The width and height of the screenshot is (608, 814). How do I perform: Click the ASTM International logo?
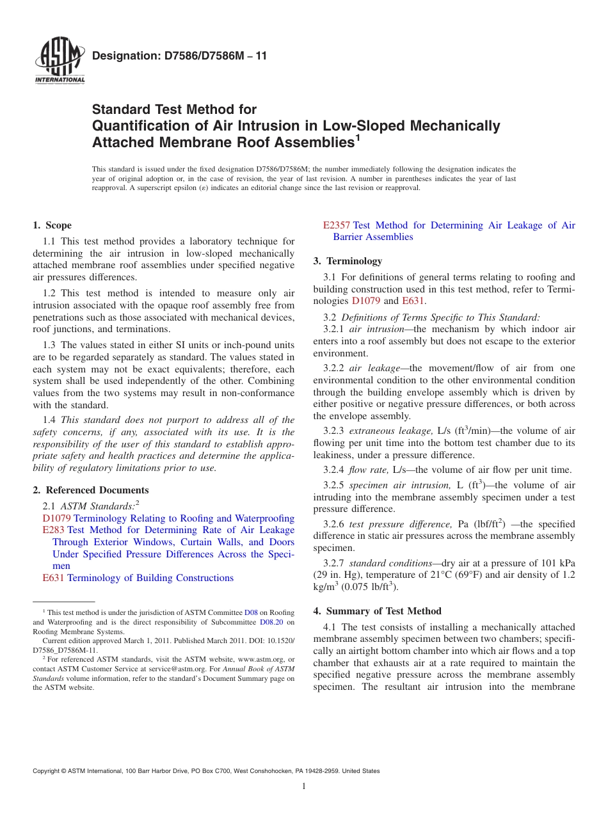tap(59, 61)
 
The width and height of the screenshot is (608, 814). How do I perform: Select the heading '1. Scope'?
tap(52, 225)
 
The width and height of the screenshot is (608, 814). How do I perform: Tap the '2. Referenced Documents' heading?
tap(90, 490)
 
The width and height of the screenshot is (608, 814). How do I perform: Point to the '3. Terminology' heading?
tap(348, 261)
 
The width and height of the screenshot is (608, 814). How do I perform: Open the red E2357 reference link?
tap(336, 225)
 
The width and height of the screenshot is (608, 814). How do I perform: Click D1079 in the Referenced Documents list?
tap(56, 518)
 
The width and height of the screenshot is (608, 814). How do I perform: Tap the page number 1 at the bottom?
tap(304, 786)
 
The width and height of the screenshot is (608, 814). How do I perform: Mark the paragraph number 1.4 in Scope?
tap(49, 420)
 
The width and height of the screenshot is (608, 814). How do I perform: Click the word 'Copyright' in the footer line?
tap(47, 771)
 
